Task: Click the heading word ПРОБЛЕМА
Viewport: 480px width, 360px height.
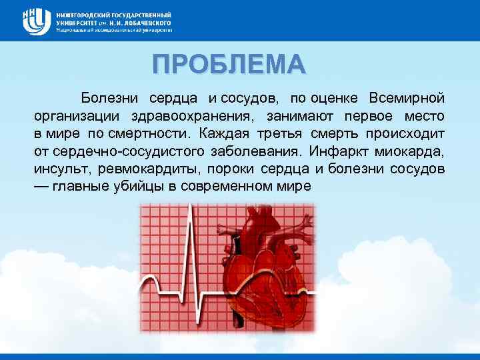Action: (x=229, y=64)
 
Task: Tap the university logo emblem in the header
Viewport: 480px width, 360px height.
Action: (x=37, y=21)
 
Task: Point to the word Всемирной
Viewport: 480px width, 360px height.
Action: (x=407, y=98)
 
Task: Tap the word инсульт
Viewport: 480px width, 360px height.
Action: (x=58, y=168)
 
